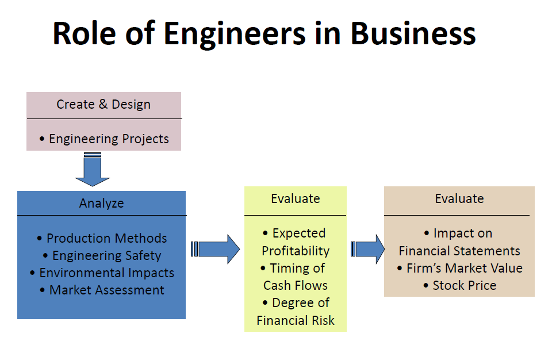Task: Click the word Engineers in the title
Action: coord(235,33)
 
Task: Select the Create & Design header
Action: coord(103,105)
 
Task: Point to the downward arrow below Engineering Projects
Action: coord(93,171)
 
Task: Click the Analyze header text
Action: coord(101,203)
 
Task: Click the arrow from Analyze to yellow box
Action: coord(217,249)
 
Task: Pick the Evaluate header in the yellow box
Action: coord(296,199)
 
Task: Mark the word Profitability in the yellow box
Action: coord(296,251)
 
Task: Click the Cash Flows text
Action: coord(296,285)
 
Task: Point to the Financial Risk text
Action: coord(296,320)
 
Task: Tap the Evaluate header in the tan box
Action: coord(459,199)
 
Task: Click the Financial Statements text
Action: coord(459,251)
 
